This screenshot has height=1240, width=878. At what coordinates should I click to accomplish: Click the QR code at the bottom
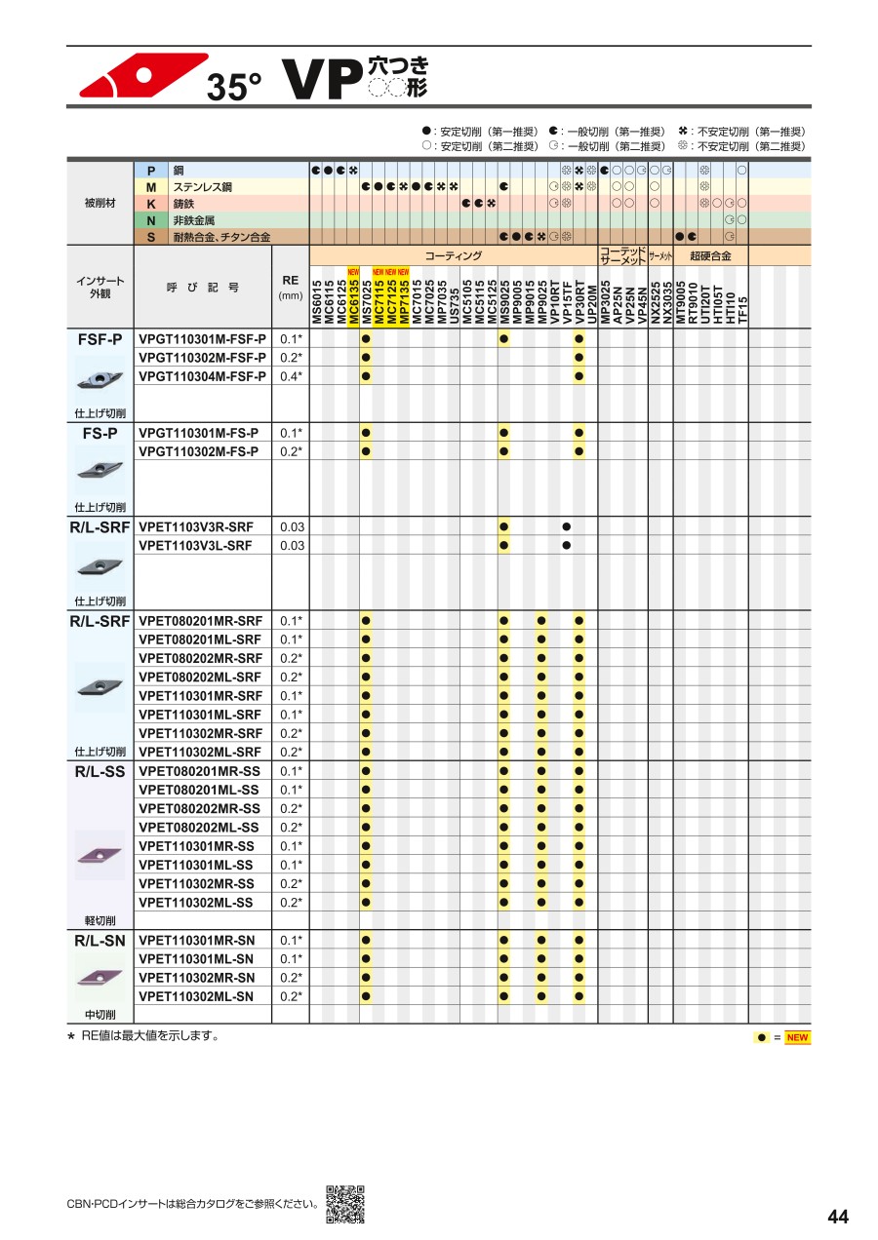click(344, 1204)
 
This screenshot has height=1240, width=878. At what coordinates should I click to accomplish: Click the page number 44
click(837, 1217)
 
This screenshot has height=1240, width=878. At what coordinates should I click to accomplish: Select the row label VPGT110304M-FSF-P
click(202, 376)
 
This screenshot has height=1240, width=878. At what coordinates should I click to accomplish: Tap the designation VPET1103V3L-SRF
click(195, 546)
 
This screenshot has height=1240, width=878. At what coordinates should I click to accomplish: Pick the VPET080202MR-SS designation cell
click(199, 809)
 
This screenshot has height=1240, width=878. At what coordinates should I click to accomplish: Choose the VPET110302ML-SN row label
click(196, 996)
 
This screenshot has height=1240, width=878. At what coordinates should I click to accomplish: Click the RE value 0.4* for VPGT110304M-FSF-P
click(291, 376)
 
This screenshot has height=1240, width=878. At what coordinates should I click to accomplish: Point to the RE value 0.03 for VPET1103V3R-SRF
click(291, 527)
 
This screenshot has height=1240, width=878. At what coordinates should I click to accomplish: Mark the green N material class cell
click(151, 220)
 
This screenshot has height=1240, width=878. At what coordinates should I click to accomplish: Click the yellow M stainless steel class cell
click(151, 186)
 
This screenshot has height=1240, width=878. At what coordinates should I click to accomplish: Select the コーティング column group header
click(453, 255)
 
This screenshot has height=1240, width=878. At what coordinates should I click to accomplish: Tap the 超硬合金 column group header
click(710, 255)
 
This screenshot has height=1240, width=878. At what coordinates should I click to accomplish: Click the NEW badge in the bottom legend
click(797, 1037)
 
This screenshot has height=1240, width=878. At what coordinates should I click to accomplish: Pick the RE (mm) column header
click(291, 287)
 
